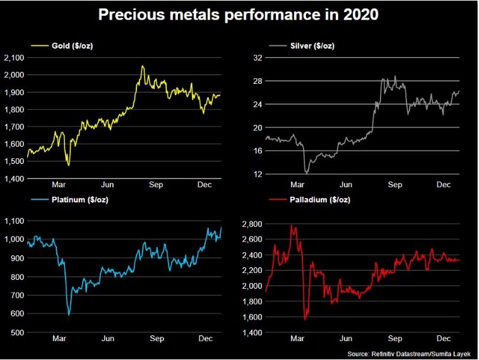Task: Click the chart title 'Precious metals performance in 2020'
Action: click(x=239, y=15)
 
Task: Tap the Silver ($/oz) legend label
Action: click(x=313, y=46)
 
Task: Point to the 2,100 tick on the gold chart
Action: click(x=14, y=58)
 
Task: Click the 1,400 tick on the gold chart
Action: click(x=14, y=179)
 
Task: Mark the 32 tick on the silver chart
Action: click(x=257, y=58)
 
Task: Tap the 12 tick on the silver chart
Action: click(x=257, y=174)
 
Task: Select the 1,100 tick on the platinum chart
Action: click(x=14, y=221)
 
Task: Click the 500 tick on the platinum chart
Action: click(x=17, y=332)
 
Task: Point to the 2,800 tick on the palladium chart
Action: click(x=251, y=224)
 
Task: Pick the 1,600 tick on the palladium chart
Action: click(x=251, y=316)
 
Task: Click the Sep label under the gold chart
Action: click(x=156, y=185)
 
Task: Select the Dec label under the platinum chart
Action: click(x=206, y=339)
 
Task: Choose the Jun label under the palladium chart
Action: click(x=346, y=339)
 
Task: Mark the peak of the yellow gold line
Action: click(x=143, y=66)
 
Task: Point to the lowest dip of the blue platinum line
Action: click(x=69, y=314)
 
